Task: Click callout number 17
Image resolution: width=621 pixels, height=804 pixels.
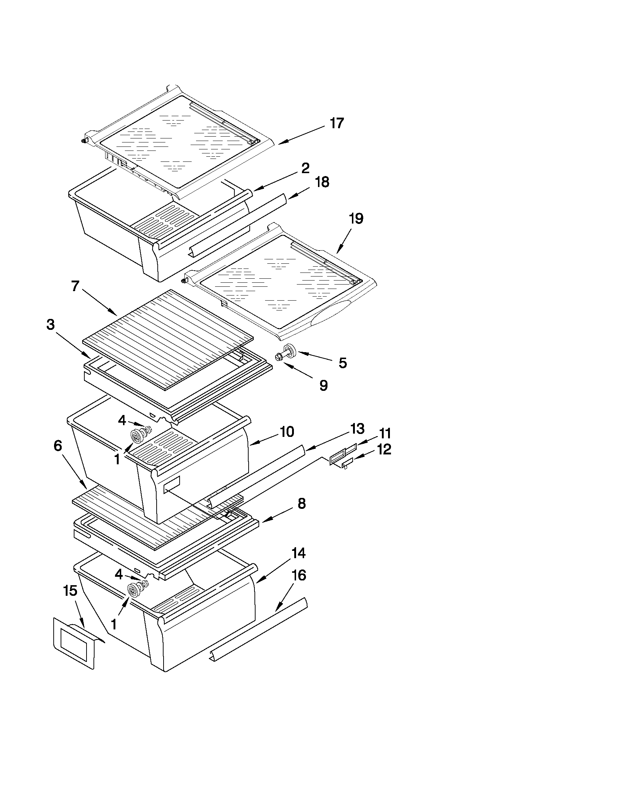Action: [337, 123]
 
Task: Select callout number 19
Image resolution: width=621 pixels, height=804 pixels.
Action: [356, 218]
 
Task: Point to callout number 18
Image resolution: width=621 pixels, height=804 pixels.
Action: [322, 182]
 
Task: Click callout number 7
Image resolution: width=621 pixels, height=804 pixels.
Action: [75, 286]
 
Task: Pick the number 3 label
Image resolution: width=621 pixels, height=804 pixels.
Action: [51, 325]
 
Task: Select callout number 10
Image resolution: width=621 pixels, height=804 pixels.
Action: [287, 431]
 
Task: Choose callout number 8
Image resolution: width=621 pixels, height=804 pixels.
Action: [302, 503]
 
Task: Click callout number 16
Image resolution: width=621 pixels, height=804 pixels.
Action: [299, 575]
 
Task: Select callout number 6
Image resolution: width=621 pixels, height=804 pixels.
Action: [58, 446]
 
